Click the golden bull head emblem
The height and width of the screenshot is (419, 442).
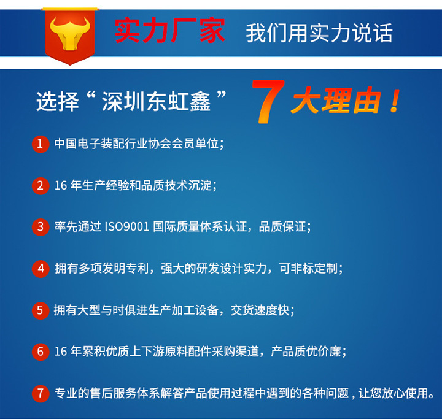[70, 33]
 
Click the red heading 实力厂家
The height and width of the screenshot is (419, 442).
[170, 31]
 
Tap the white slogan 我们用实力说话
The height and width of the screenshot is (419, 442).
[319, 33]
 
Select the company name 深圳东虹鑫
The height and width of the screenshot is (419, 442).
[156, 101]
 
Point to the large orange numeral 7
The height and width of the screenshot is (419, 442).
[268, 101]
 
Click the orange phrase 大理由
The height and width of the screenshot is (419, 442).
[336, 101]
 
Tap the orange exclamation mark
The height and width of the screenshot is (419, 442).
[395, 101]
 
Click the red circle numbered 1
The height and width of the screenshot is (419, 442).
[41, 144]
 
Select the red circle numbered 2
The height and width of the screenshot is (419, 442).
[41, 186]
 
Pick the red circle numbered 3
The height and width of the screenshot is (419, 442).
[41, 227]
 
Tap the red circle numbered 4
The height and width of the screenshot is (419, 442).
[41, 269]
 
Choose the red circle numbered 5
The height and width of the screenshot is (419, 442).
[41, 310]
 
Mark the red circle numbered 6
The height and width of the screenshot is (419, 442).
[41, 352]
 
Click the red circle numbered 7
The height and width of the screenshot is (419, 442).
[41, 393]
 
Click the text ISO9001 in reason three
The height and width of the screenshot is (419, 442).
[127, 227]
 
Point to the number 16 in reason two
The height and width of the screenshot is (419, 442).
[61, 186]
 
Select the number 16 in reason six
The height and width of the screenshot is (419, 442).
[61, 352]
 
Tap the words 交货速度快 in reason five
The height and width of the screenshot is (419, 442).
[260, 310]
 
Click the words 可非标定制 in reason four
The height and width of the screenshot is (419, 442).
[308, 269]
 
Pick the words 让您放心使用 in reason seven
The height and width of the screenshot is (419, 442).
[394, 393]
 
